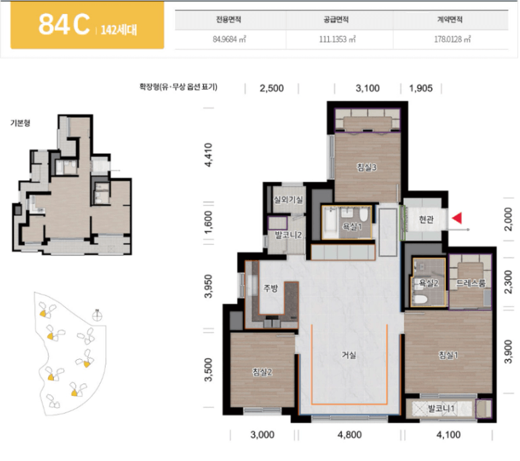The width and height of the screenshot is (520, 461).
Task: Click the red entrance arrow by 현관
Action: [x=457, y=218]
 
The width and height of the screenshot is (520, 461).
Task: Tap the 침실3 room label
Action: [x=366, y=167]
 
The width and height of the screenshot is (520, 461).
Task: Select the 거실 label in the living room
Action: [x=349, y=355]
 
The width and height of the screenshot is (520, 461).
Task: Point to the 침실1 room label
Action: [x=449, y=355]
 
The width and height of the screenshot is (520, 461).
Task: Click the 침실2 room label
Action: [x=262, y=372]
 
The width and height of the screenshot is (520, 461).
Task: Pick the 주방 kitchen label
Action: [x=271, y=288]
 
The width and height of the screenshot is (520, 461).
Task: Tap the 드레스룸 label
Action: [x=471, y=283]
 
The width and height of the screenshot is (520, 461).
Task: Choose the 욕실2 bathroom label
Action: [x=429, y=283]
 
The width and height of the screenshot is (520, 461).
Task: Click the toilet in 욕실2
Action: [x=420, y=299]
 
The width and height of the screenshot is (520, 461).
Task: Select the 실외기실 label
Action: [x=288, y=199]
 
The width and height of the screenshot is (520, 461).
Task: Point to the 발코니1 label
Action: [x=441, y=408]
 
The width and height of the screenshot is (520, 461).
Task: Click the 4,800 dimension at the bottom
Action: [x=349, y=435]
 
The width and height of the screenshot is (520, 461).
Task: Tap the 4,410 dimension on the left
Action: [x=209, y=154]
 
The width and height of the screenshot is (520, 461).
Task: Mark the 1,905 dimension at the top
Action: [x=420, y=88]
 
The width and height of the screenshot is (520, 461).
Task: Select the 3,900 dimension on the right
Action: [x=508, y=351]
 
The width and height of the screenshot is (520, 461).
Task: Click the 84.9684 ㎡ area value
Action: [x=230, y=39]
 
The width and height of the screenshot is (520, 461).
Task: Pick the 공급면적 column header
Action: [x=336, y=20]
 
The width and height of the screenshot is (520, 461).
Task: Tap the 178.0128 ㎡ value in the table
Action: [x=453, y=39]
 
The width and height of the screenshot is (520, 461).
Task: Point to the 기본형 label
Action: [x=20, y=123]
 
